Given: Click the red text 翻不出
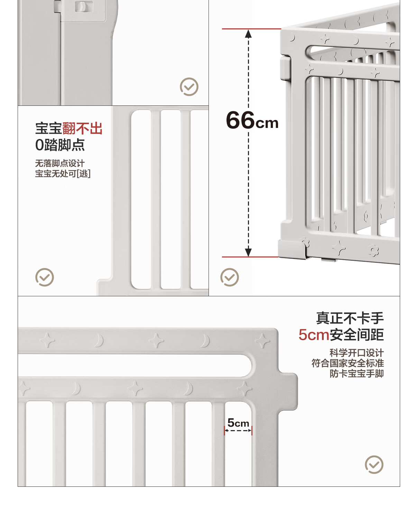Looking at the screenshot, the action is pos(82,128).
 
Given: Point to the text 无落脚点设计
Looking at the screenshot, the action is pos(60,164).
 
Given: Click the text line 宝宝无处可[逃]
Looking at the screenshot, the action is pos(63,174).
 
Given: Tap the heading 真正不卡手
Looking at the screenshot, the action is pos(350,318).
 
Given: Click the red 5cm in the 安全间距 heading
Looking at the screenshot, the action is pos(314,335).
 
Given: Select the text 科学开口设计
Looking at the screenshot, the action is pos(357,353).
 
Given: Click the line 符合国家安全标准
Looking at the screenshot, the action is pos(348,363).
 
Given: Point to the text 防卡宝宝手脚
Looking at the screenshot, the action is pos(357,373).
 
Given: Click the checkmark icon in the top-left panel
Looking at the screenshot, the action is pos(189,86).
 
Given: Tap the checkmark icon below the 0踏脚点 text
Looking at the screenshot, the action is pos(44,277).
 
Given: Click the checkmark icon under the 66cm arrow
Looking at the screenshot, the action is pos(230,277).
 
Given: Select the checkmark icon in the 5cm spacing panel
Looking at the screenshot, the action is pos(374,464).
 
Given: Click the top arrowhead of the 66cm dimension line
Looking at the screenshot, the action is pos(248,34).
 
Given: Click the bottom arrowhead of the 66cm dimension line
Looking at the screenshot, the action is pos(248,252).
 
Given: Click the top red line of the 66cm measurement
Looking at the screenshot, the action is pos(251,29).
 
